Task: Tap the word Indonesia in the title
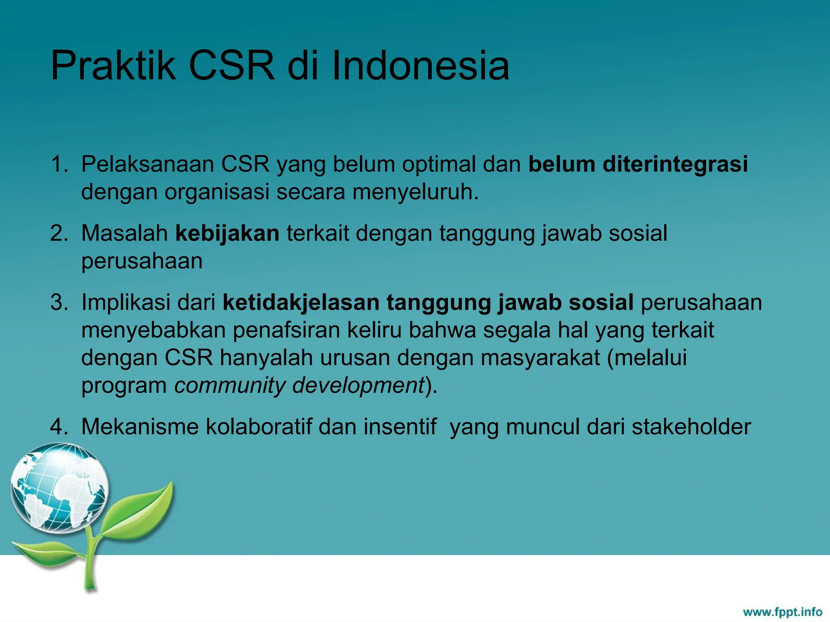tap(420, 66)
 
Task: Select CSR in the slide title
tap(231, 66)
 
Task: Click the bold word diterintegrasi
tap(675, 164)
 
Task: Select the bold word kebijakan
tap(227, 234)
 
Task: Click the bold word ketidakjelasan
tap(301, 302)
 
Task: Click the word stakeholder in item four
tap(691, 427)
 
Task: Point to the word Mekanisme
tap(140, 427)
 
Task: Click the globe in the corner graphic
tap(60, 488)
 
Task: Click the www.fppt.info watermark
tap(782, 611)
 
